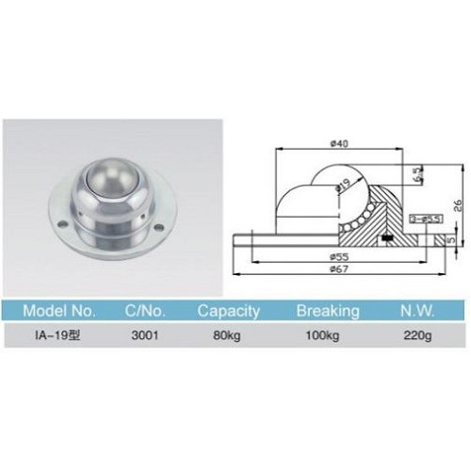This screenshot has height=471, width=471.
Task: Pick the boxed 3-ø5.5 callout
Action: [420, 219]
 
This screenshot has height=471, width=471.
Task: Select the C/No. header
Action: [147, 309]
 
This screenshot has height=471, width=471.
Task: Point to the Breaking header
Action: [328, 309]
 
